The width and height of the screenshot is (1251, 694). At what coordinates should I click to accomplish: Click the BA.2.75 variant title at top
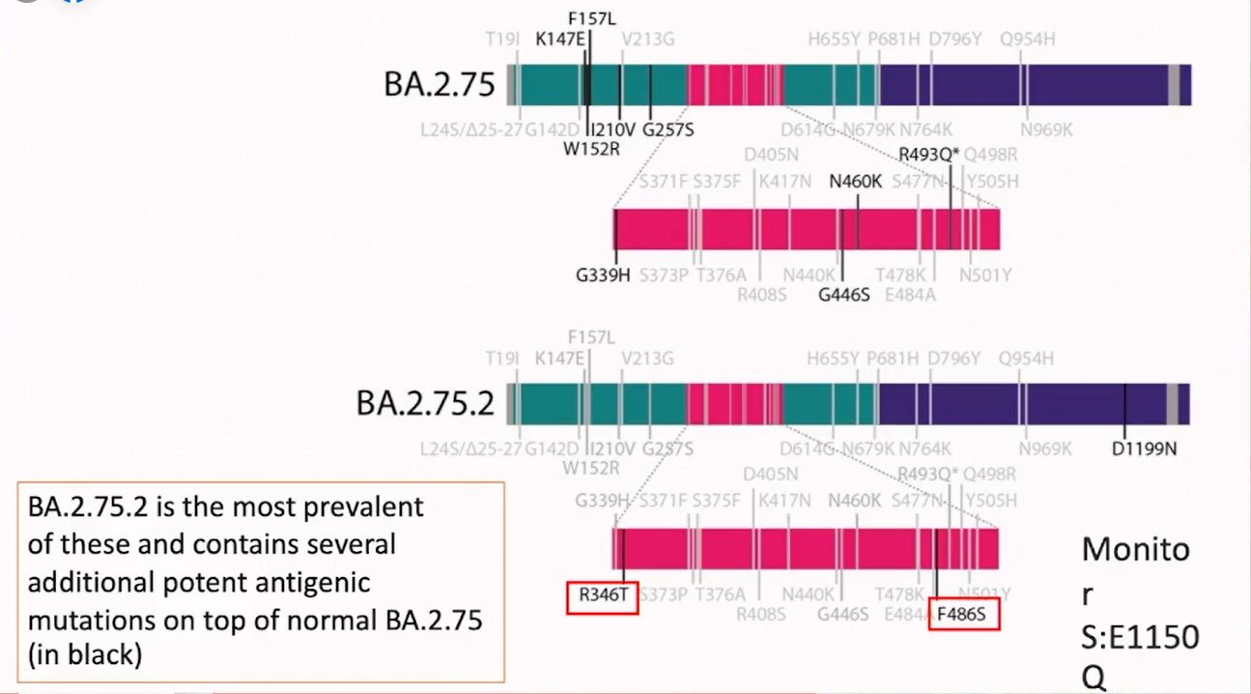(x=440, y=85)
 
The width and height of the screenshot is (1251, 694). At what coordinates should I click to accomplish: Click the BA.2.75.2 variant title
(x=425, y=403)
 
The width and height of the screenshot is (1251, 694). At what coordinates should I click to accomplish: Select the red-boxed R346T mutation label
(x=603, y=595)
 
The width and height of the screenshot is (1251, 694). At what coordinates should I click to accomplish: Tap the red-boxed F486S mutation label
(x=963, y=613)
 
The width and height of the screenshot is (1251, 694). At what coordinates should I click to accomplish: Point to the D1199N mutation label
(x=1144, y=448)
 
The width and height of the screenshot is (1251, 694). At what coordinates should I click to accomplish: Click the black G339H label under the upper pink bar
(x=603, y=275)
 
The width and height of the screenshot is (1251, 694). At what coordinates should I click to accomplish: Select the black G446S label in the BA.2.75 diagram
(x=843, y=295)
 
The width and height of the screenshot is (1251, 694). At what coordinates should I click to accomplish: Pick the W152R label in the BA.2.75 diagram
(x=592, y=149)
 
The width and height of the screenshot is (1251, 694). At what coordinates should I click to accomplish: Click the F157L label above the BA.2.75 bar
(x=591, y=17)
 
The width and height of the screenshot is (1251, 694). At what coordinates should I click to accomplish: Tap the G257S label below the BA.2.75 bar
(x=668, y=130)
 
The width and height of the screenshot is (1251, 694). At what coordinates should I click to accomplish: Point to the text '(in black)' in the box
(x=85, y=654)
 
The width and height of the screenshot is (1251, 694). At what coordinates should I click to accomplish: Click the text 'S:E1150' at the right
(x=1139, y=636)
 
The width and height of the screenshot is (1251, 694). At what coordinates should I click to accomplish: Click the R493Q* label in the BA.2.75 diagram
(x=928, y=154)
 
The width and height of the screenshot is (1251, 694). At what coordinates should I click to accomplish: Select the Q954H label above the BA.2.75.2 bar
(x=1027, y=359)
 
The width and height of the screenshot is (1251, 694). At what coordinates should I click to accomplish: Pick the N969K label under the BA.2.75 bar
(x=1045, y=130)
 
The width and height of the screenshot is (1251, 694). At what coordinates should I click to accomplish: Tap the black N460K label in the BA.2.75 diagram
(x=855, y=181)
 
